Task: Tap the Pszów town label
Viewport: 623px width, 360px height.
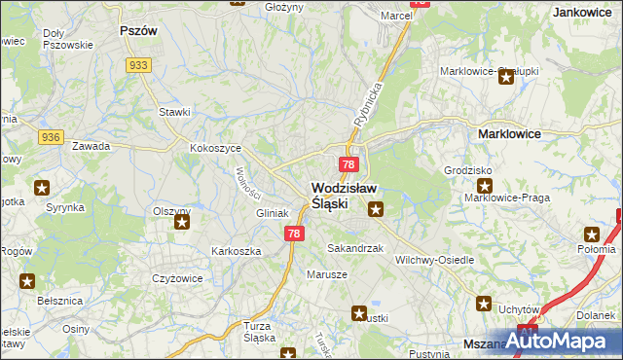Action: click(x=137, y=30)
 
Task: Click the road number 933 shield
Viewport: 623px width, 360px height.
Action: click(x=138, y=64)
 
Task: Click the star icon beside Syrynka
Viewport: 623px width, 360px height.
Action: click(x=42, y=187)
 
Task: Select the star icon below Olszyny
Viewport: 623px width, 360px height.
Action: click(x=181, y=222)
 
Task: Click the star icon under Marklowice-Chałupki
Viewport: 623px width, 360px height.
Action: click(x=506, y=79)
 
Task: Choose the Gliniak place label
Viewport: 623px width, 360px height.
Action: click(x=272, y=213)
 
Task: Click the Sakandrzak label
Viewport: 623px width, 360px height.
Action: click(x=355, y=249)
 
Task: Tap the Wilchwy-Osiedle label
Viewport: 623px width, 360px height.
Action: click(x=435, y=261)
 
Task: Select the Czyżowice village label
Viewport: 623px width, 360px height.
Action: click(x=176, y=278)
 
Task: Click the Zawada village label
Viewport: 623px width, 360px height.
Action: click(x=92, y=146)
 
